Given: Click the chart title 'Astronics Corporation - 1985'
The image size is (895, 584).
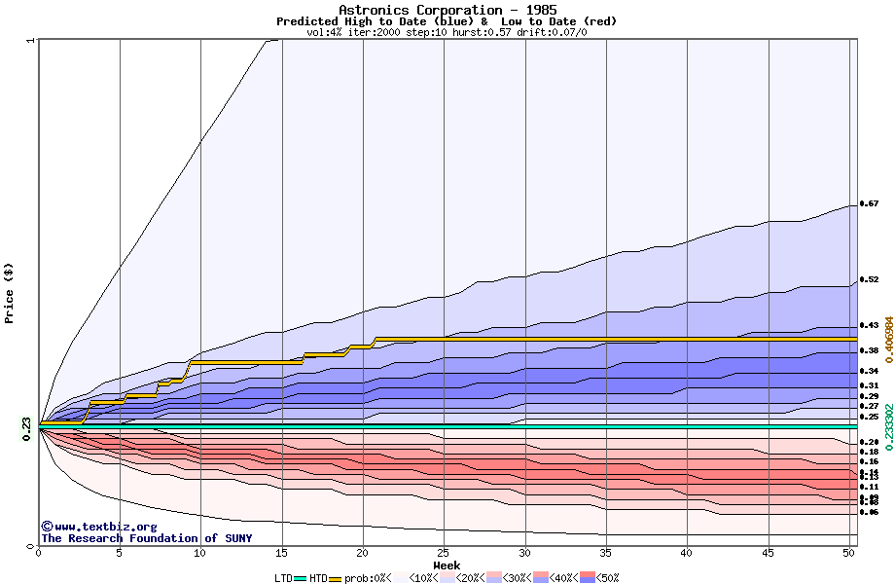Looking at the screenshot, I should coord(447,10).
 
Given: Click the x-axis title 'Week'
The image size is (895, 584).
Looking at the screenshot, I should coord(447,565).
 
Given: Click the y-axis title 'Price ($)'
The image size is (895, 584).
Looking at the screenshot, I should coord(10,292).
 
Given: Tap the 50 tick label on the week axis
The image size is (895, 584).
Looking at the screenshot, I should coord(849,552).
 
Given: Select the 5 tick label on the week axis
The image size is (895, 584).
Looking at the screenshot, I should coord(120,552).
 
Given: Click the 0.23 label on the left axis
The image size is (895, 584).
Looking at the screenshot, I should coord(26,423).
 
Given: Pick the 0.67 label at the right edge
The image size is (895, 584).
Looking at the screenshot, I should coord(869,204).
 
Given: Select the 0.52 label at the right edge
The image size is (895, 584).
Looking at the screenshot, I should coord(869,280).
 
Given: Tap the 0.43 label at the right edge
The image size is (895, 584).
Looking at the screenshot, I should coord(869,325).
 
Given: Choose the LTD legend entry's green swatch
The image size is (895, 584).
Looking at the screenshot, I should coord(301,578).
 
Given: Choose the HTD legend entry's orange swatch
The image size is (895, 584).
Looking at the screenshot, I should coord(337,578).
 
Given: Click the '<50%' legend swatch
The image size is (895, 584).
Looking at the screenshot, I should coord(590,578).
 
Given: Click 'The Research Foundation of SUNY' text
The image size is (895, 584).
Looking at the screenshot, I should coord(146,538).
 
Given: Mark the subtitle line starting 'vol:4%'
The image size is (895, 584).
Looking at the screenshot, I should coord(447,32).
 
